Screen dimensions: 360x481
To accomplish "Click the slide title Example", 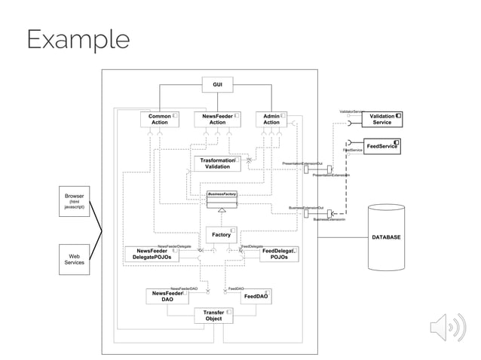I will [78, 39].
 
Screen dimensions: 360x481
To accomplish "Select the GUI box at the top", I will [217, 84].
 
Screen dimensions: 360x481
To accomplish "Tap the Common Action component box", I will [159, 119].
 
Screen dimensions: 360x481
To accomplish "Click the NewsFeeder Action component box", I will [217, 119].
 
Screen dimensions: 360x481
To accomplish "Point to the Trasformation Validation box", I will [218, 163].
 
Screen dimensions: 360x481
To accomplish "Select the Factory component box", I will [222, 235].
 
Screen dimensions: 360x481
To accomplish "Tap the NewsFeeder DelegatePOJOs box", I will [152, 254].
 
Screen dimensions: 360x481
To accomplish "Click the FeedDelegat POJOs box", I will [278, 254].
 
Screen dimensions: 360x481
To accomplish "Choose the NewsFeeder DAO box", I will [167, 296].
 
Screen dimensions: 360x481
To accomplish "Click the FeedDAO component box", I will [256, 297].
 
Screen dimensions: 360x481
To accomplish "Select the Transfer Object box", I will [214, 315].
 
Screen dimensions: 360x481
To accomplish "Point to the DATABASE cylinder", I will [386, 237].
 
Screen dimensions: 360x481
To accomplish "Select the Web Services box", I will [74, 259].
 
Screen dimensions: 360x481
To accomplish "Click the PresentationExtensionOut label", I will [302, 163].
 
